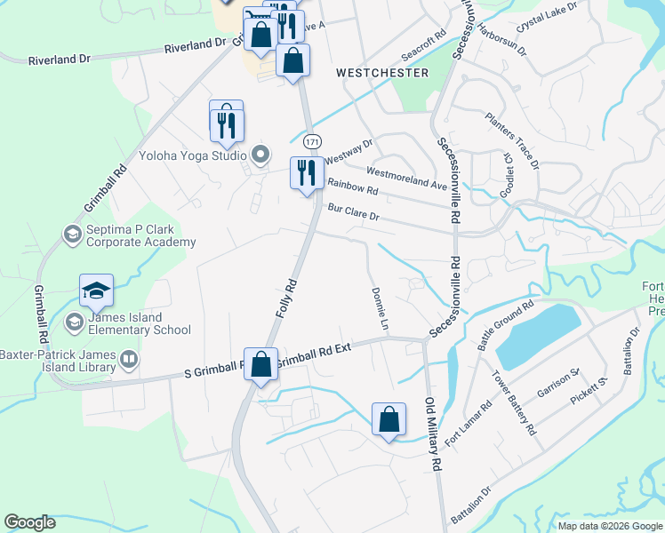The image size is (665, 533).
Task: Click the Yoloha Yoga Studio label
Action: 192,155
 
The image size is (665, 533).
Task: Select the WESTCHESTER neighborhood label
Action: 382,73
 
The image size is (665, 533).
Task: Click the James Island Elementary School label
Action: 139,324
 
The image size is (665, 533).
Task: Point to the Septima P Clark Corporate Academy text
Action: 140,236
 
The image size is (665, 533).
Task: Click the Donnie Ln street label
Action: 381,309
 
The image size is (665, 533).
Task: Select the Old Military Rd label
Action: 434,435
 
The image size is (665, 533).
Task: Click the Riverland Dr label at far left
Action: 60,60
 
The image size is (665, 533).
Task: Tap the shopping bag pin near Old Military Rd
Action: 389,421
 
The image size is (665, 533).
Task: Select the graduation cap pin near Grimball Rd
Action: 96,291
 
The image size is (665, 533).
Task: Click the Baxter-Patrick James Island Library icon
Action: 129,360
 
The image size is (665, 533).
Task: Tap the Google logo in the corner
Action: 29,522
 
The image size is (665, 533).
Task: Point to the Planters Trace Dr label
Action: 512,140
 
